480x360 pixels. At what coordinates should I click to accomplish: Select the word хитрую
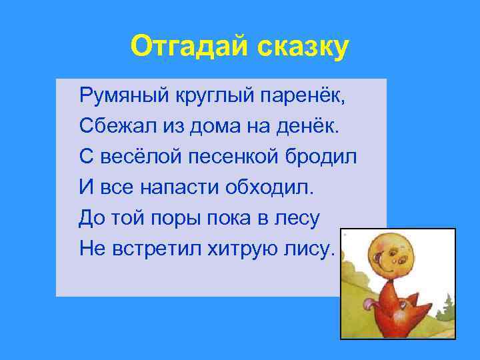247,249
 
